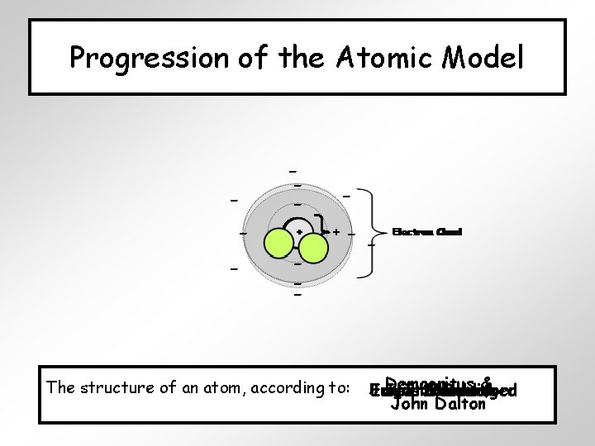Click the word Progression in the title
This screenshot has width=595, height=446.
pos(126,58)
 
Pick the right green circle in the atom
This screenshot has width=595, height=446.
pos(314,249)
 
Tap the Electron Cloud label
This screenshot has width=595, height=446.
pos(426,231)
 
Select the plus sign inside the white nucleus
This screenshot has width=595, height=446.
pos(298,232)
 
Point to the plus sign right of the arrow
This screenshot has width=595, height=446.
pos(337,233)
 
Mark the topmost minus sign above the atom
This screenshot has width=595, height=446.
pos(293,171)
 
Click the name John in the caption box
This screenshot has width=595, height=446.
pos(406,405)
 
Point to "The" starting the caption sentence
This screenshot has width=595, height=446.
pos(59,387)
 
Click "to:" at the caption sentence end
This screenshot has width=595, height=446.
pos(341,387)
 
